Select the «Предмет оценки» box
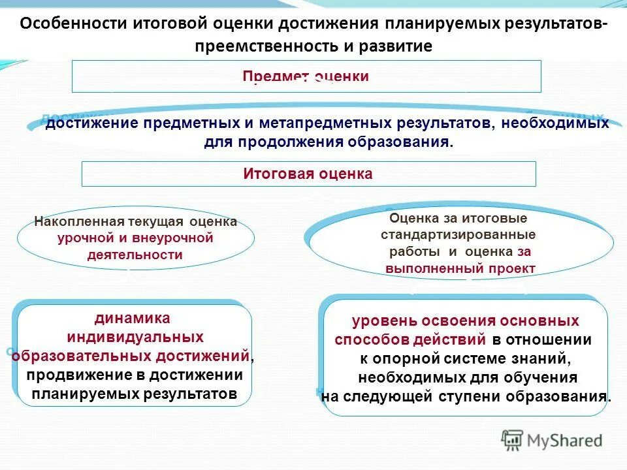(306, 76)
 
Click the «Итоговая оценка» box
(308, 174)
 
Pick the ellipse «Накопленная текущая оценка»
(135, 238)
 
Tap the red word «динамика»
(133, 319)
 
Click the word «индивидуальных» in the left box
(135, 337)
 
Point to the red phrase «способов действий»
(410, 340)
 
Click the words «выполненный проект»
(460, 268)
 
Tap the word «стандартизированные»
(458, 234)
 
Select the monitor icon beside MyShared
(512, 440)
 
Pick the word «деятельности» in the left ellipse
(135, 255)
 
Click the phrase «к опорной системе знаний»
(466, 358)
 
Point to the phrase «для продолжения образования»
(327, 142)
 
